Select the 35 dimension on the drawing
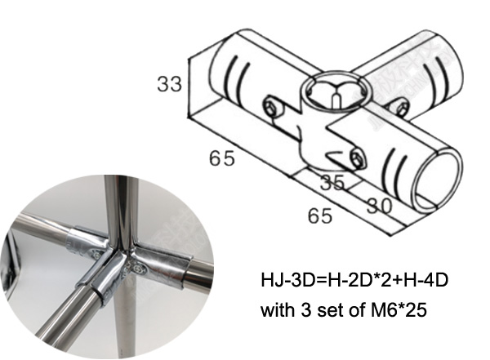[x=331, y=182]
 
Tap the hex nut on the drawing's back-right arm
[x=398, y=104]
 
